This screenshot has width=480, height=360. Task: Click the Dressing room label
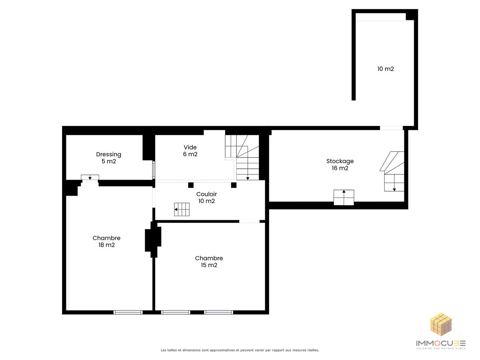pos(108,158)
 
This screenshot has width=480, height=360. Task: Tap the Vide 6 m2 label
pos(190,151)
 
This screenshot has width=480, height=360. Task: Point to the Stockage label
pos(340,164)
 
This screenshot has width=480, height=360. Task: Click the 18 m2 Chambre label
pos(106,241)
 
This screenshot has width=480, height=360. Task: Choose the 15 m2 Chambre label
pos(209,262)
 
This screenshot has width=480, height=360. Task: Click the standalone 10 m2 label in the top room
pos(385,69)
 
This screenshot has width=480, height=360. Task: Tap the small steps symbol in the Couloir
pos(182,209)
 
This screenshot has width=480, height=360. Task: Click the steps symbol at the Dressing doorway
pos(90,177)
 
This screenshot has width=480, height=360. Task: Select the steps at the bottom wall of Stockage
pos(344,197)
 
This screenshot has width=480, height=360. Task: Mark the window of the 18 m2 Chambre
pos(128,312)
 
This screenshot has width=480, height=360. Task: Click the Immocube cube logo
pos(441,324)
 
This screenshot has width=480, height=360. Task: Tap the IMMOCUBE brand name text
pos(441,343)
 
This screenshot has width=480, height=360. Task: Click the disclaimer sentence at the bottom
pos(240,350)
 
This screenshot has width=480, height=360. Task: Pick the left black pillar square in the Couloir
pos(191,185)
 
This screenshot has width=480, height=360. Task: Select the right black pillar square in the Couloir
pos(234,185)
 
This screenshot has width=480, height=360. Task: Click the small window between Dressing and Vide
pos(154,170)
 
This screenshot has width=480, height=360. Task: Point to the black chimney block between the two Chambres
pos(153,240)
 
